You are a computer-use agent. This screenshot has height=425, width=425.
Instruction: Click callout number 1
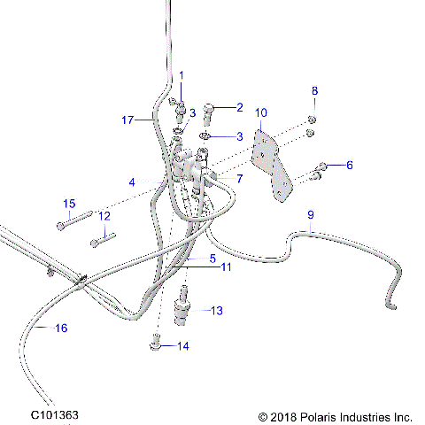click(x=182, y=75)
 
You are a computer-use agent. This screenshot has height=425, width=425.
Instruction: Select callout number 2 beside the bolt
click(x=239, y=107)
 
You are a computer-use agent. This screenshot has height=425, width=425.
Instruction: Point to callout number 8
click(x=313, y=91)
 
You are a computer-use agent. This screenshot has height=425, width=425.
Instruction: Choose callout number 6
click(x=349, y=165)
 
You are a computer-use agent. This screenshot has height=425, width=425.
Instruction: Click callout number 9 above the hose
click(x=310, y=215)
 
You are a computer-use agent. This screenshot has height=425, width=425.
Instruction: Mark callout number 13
click(x=218, y=311)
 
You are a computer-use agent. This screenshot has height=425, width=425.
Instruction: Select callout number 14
click(x=182, y=346)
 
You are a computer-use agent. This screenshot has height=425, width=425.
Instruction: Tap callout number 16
click(x=61, y=328)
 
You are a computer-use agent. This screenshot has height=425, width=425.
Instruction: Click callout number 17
click(x=127, y=119)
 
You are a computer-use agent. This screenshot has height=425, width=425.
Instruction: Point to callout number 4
click(x=131, y=182)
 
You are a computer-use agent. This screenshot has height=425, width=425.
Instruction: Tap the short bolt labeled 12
click(x=103, y=236)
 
